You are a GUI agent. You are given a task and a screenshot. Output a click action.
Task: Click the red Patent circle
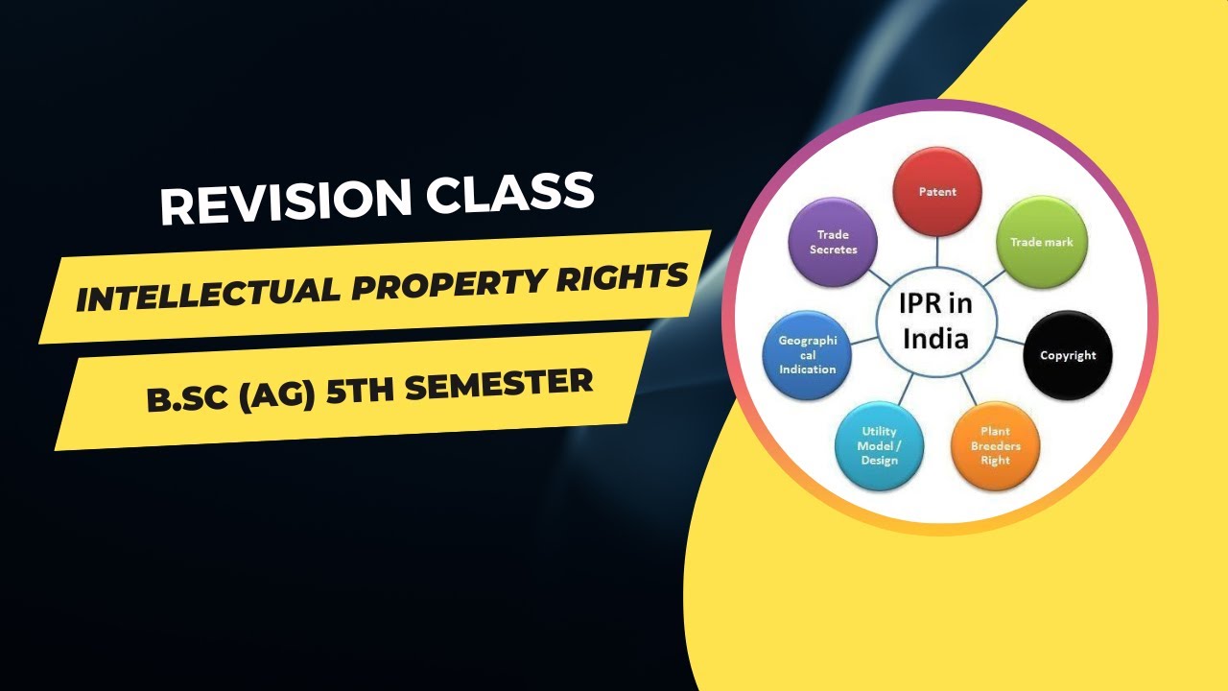tap(937, 192)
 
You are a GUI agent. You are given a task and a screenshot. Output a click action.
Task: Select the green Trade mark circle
tap(1041, 242)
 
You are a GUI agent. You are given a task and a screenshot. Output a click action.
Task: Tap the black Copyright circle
tap(1068, 355)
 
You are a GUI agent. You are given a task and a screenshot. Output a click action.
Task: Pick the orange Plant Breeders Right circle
tap(995, 446)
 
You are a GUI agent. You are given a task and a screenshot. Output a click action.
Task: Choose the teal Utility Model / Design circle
tap(879, 447)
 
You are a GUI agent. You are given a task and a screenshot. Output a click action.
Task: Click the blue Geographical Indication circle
tap(807, 355)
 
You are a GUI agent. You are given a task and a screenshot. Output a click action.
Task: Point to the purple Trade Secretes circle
tap(833, 242)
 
